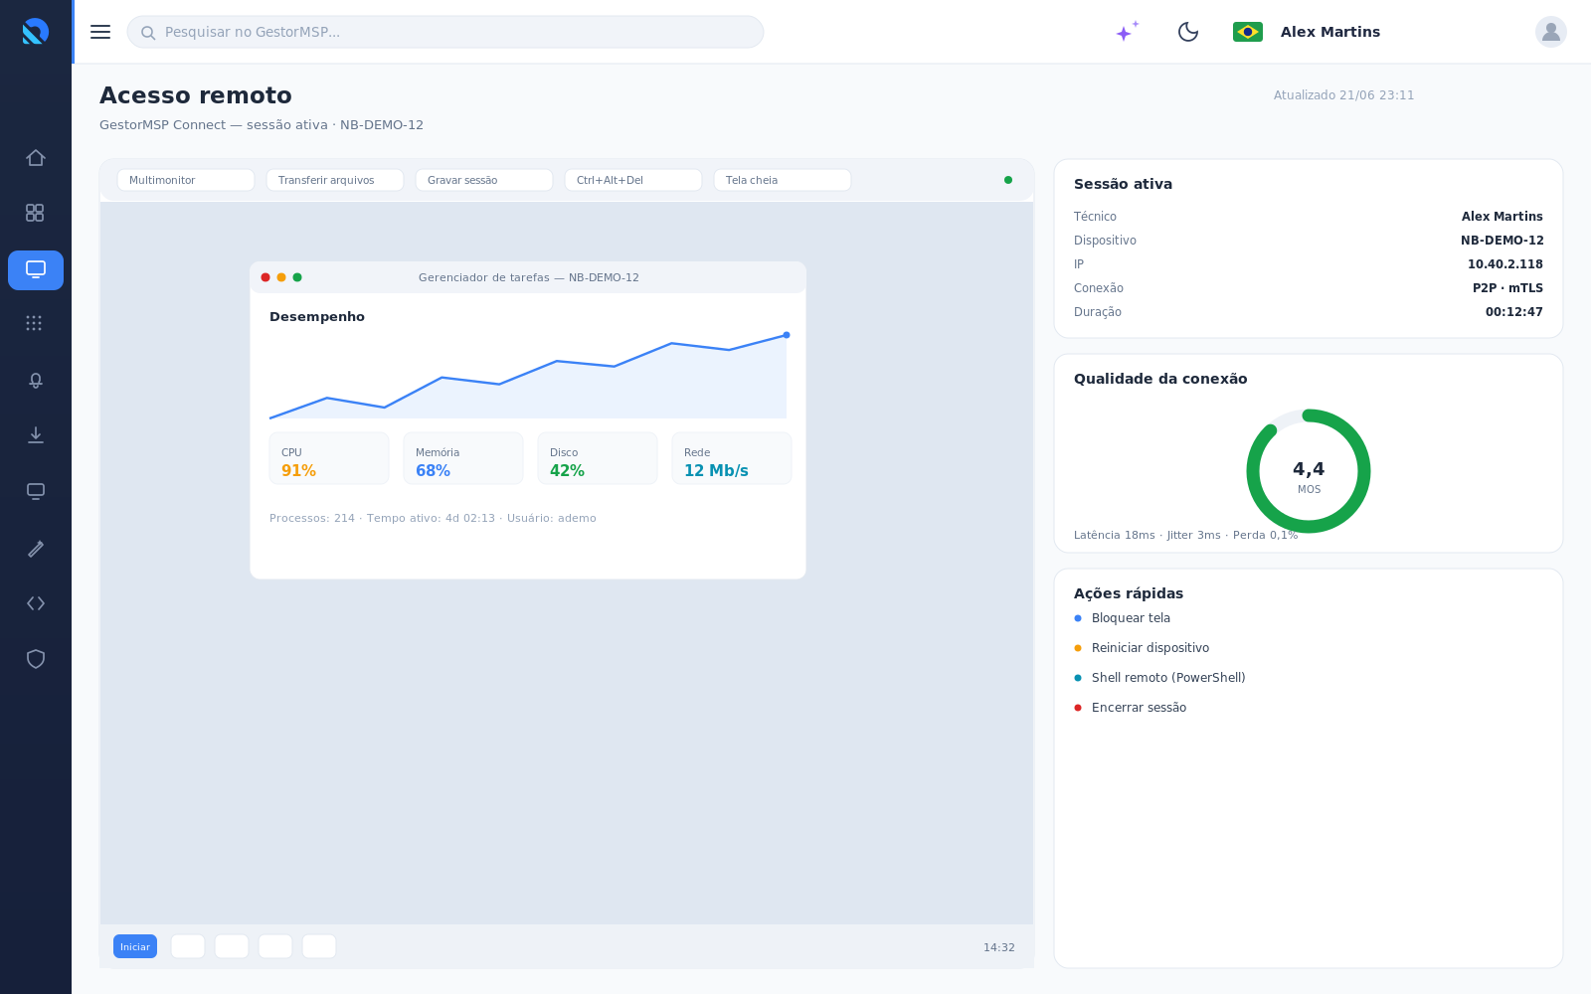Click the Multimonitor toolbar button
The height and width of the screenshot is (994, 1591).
185,180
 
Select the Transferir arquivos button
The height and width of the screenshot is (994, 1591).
334,180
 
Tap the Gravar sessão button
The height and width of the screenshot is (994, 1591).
483,180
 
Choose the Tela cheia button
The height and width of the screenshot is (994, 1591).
782,180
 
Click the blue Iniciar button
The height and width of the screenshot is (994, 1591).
135,946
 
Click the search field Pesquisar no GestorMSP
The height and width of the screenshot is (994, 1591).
445,32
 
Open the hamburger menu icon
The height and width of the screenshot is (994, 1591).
100,32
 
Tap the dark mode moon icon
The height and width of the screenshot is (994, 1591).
1187,32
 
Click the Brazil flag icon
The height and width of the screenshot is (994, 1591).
1247,32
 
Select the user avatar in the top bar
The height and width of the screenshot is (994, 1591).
1550,32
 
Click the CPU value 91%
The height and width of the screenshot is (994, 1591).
298,471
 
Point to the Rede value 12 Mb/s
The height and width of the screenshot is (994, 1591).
716,471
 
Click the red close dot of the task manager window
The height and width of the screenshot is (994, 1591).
265,277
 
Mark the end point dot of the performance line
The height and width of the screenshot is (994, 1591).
787,335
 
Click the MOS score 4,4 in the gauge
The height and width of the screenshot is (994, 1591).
1309,468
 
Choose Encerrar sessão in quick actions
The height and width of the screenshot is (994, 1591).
1139,707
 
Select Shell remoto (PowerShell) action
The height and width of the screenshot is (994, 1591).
1168,677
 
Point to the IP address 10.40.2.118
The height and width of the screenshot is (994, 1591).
1505,264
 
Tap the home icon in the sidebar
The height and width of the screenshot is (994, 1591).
36,158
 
